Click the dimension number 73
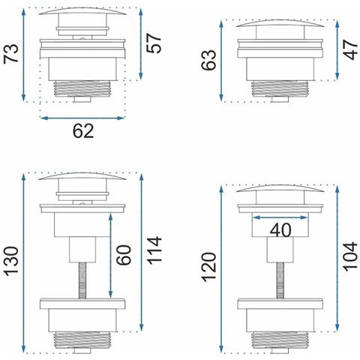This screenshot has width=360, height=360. point(11,53)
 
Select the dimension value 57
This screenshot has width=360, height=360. point(154,43)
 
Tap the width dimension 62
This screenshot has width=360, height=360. point(83,130)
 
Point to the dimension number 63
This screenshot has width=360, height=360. point(208,60)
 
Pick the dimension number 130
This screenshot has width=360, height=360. point(11,261)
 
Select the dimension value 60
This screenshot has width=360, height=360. point(124,255)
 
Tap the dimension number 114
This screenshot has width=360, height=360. point(154,250)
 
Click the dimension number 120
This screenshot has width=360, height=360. point(208,267)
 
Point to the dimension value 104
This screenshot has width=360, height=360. point(350,256)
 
